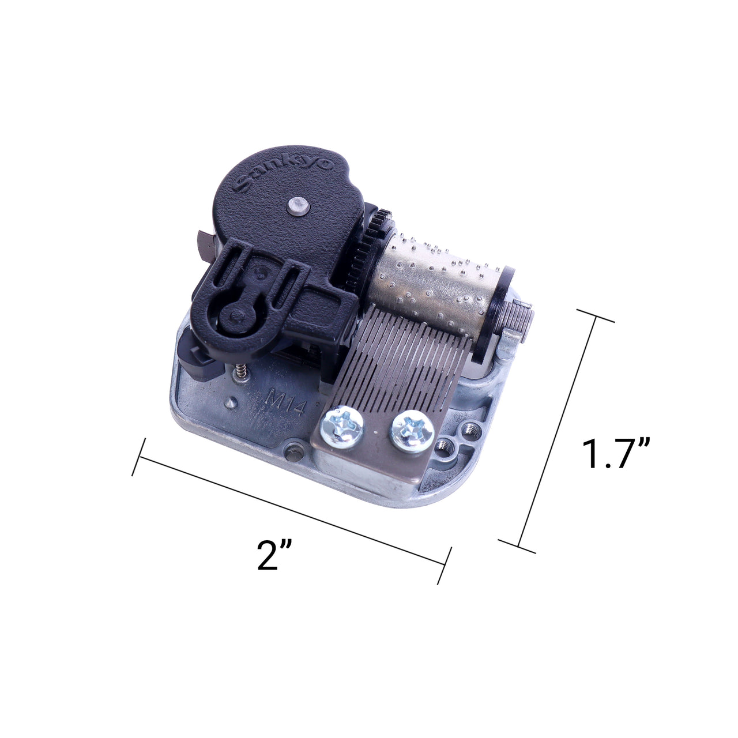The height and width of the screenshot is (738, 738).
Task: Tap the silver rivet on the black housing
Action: (x=298, y=204)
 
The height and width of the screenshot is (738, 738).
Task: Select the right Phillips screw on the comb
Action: (x=412, y=431)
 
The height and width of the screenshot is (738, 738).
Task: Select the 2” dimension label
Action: (x=274, y=556)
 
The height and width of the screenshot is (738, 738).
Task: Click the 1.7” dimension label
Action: (x=615, y=453)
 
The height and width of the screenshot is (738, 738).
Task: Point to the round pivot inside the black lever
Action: (x=235, y=315)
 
